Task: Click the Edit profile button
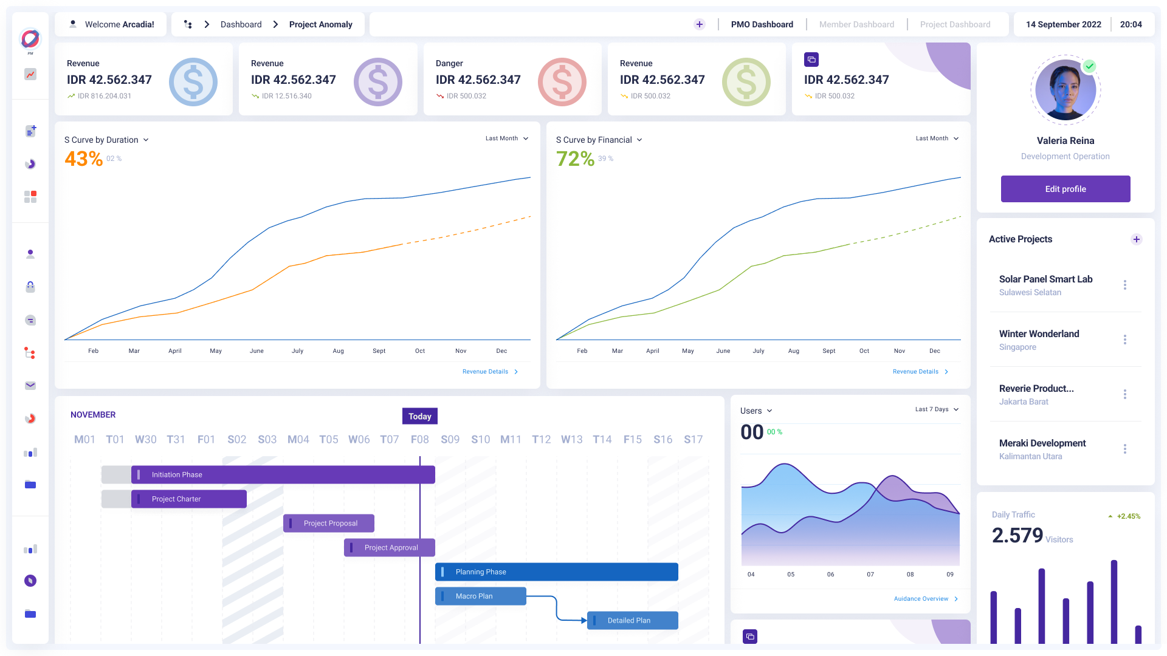coord(1065,189)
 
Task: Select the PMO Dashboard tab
coord(762,24)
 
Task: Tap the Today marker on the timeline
coord(419,416)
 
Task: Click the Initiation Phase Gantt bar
coord(283,474)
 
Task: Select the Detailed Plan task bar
coord(632,620)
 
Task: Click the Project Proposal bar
coord(329,523)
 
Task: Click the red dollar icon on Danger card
coord(562,82)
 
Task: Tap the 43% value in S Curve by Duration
coord(83,159)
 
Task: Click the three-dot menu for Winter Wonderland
coord(1124,340)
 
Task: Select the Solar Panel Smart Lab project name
coord(1045,279)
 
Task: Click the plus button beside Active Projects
coord(1136,239)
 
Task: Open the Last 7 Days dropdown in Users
coord(936,409)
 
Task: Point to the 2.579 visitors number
coord(1017,535)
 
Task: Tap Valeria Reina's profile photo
coord(1065,90)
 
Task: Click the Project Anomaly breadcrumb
coord(320,24)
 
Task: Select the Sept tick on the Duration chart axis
coord(379,351)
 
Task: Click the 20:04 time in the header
coord(1131,24)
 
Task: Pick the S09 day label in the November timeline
coord(450,439)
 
